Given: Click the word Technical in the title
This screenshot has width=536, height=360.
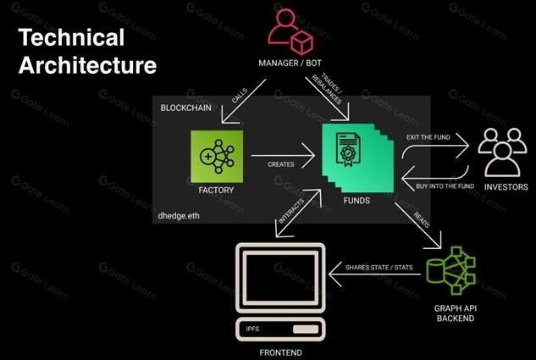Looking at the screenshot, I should (71, 38).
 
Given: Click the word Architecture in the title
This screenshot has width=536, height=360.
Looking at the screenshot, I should (87, 65).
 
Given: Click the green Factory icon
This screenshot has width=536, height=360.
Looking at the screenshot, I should (217, 158).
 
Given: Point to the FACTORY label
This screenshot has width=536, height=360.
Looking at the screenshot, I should (216, 191).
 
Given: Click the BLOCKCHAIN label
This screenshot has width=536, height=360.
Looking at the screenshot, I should (192, 109).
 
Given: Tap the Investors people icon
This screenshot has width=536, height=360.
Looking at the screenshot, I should (504, 152).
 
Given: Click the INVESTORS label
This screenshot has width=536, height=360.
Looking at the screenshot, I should (505, 187).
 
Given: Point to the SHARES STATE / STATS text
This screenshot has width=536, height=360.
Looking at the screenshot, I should (379, 269).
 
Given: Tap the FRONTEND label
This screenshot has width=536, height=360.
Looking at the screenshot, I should (279, 352).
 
